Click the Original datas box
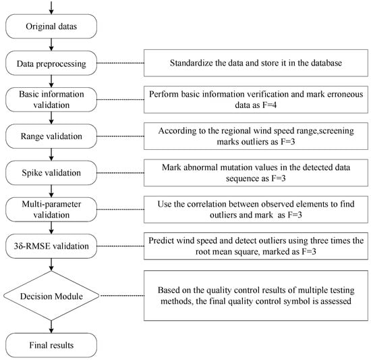click(x=51, y=26)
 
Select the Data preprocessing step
click(x=51, y=63)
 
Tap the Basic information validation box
click(x=51, y=99)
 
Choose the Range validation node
click(x=51, y=136)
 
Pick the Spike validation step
click(x=51, y=173)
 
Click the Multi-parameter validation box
click(x=51, y=209)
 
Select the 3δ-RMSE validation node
click(x=51, y=246)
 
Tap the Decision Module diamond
click(x=51, y=296)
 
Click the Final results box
click(x=51, y=345)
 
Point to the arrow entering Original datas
click(x=51, y=7)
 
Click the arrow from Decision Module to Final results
click(x=51, y=327)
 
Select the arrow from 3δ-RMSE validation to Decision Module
click(x=51, y=265)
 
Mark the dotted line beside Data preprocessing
click(x=121, y=63)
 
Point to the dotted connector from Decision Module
click(x=122, y=296)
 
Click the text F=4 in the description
click(x=269, y=105)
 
